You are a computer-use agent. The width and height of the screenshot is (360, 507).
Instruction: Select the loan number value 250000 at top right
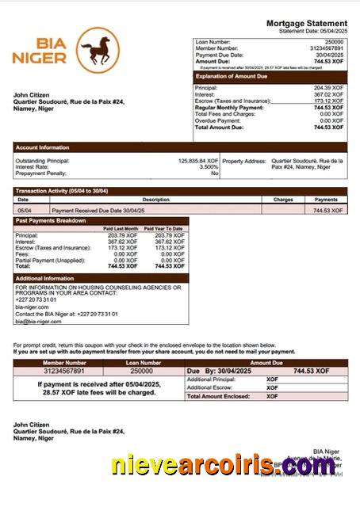point(334,41)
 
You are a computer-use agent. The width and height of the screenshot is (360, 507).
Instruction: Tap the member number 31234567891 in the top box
point(326,48)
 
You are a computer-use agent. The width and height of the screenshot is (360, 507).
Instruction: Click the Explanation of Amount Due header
point(234,76)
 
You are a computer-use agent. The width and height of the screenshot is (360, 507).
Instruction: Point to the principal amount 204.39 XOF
point(328,88)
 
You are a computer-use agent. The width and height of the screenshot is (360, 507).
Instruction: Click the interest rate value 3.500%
point(209,167)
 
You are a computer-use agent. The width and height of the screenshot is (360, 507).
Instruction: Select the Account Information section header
point(43,147)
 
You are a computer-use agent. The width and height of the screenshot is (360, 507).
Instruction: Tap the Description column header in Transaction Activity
point(155,200)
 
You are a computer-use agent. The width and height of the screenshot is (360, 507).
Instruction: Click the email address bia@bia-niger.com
point(37,322)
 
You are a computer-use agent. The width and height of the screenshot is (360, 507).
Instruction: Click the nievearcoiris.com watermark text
point(223,467)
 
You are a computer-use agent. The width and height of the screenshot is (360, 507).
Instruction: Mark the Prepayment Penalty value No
point(214,173)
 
